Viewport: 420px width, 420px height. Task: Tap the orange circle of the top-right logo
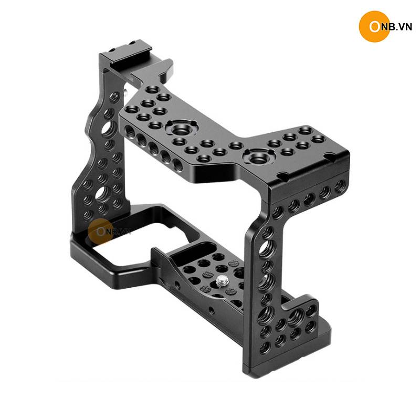tap(374, 27)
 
